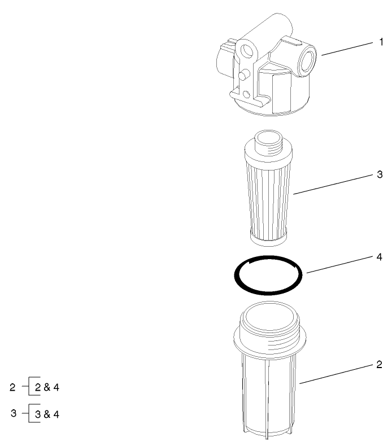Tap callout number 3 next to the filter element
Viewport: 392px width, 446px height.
point(380,174)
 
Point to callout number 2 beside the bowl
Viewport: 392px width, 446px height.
point(380,365)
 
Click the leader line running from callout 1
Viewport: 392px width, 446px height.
point(347,49)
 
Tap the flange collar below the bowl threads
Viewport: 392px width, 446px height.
point(270,346)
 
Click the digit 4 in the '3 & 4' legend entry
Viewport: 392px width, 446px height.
point(56,414)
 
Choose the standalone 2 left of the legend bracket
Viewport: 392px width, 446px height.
point(12,388)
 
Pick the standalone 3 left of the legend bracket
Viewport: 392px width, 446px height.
point(14,413)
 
